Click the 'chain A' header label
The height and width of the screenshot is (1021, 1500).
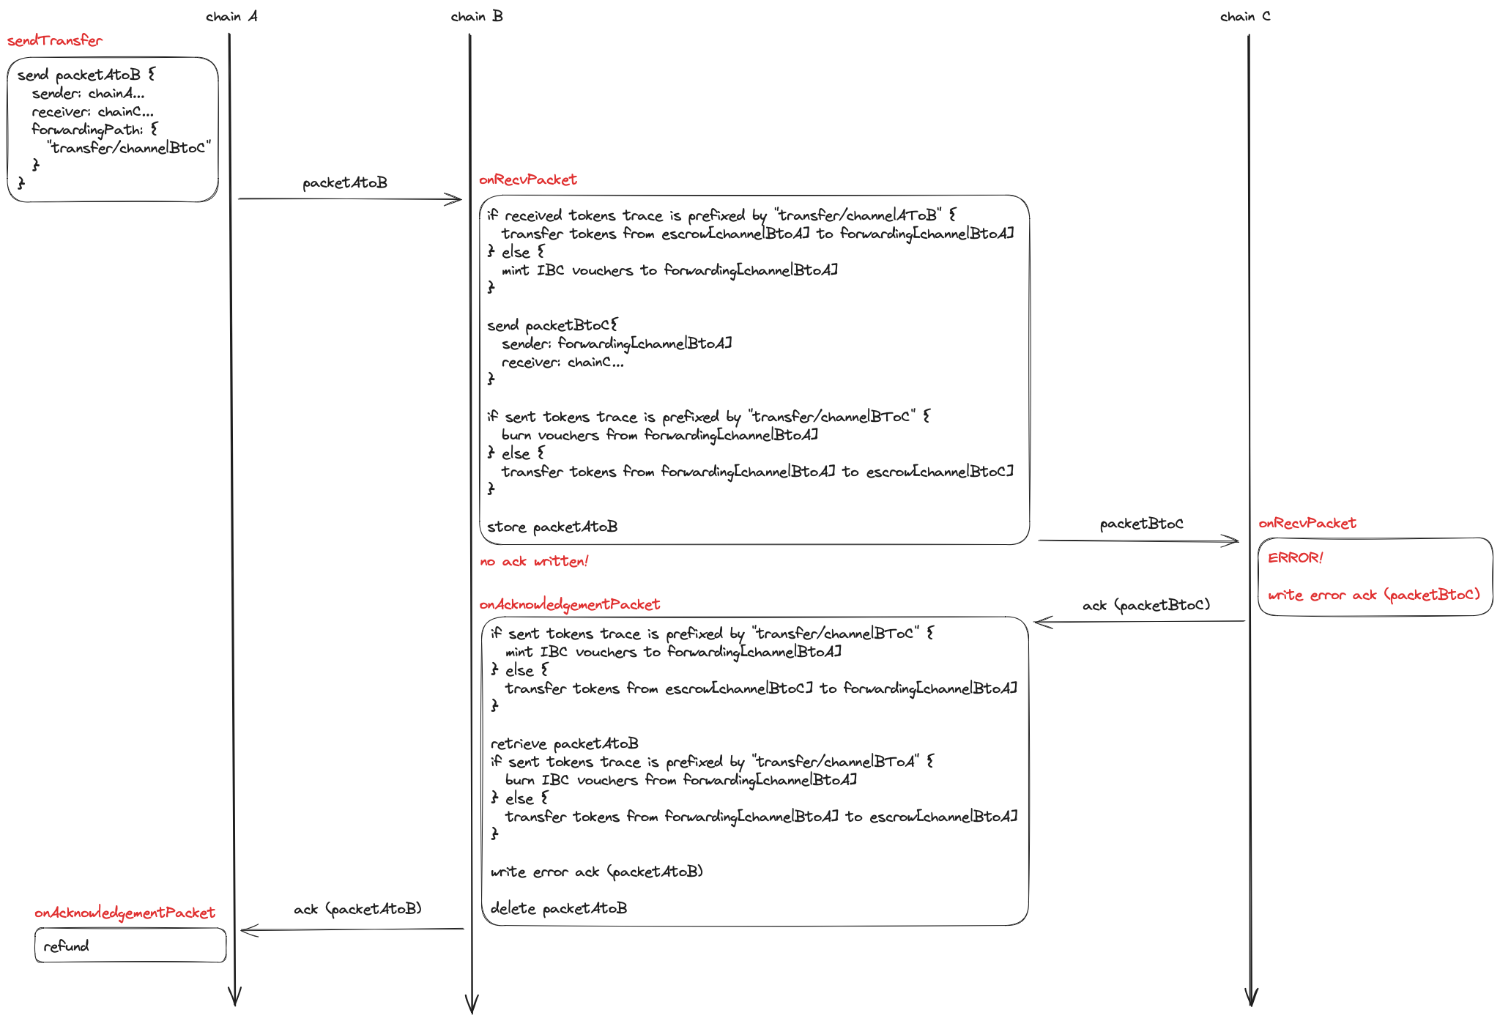tap(231, 16)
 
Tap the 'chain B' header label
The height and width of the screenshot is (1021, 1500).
tap(477, 16)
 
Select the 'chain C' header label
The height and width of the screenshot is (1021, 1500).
tap(1245, 16)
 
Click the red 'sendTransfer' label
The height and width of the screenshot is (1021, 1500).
tap(55, 41)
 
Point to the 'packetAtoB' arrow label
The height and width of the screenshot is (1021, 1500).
tap(345, 182)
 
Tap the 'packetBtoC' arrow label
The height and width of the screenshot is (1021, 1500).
tap(1141, 524)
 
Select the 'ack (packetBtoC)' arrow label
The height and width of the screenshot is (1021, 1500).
tap(1146, 605)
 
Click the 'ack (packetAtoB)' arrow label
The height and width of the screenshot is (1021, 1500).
tap(357, 909)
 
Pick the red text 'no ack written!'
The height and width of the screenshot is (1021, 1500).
tap(534, 562)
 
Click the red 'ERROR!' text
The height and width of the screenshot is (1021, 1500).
tap(1296, 558)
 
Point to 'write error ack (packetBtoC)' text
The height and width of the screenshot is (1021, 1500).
tap(1374, 595)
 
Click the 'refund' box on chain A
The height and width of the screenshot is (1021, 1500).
tap(130, 946)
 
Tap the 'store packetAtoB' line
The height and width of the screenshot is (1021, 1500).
tap(552, 527)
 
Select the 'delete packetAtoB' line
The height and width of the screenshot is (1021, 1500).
tap(559, 908)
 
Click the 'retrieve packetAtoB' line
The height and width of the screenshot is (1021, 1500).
tap(565, 743)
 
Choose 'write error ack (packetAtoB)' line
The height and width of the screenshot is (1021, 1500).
tap(597, 872)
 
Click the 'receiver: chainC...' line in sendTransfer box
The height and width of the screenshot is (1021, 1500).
tap(93, 111)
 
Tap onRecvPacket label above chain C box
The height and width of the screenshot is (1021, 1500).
tap(1307, 523)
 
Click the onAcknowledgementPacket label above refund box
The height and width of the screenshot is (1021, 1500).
tap(125, 913)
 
